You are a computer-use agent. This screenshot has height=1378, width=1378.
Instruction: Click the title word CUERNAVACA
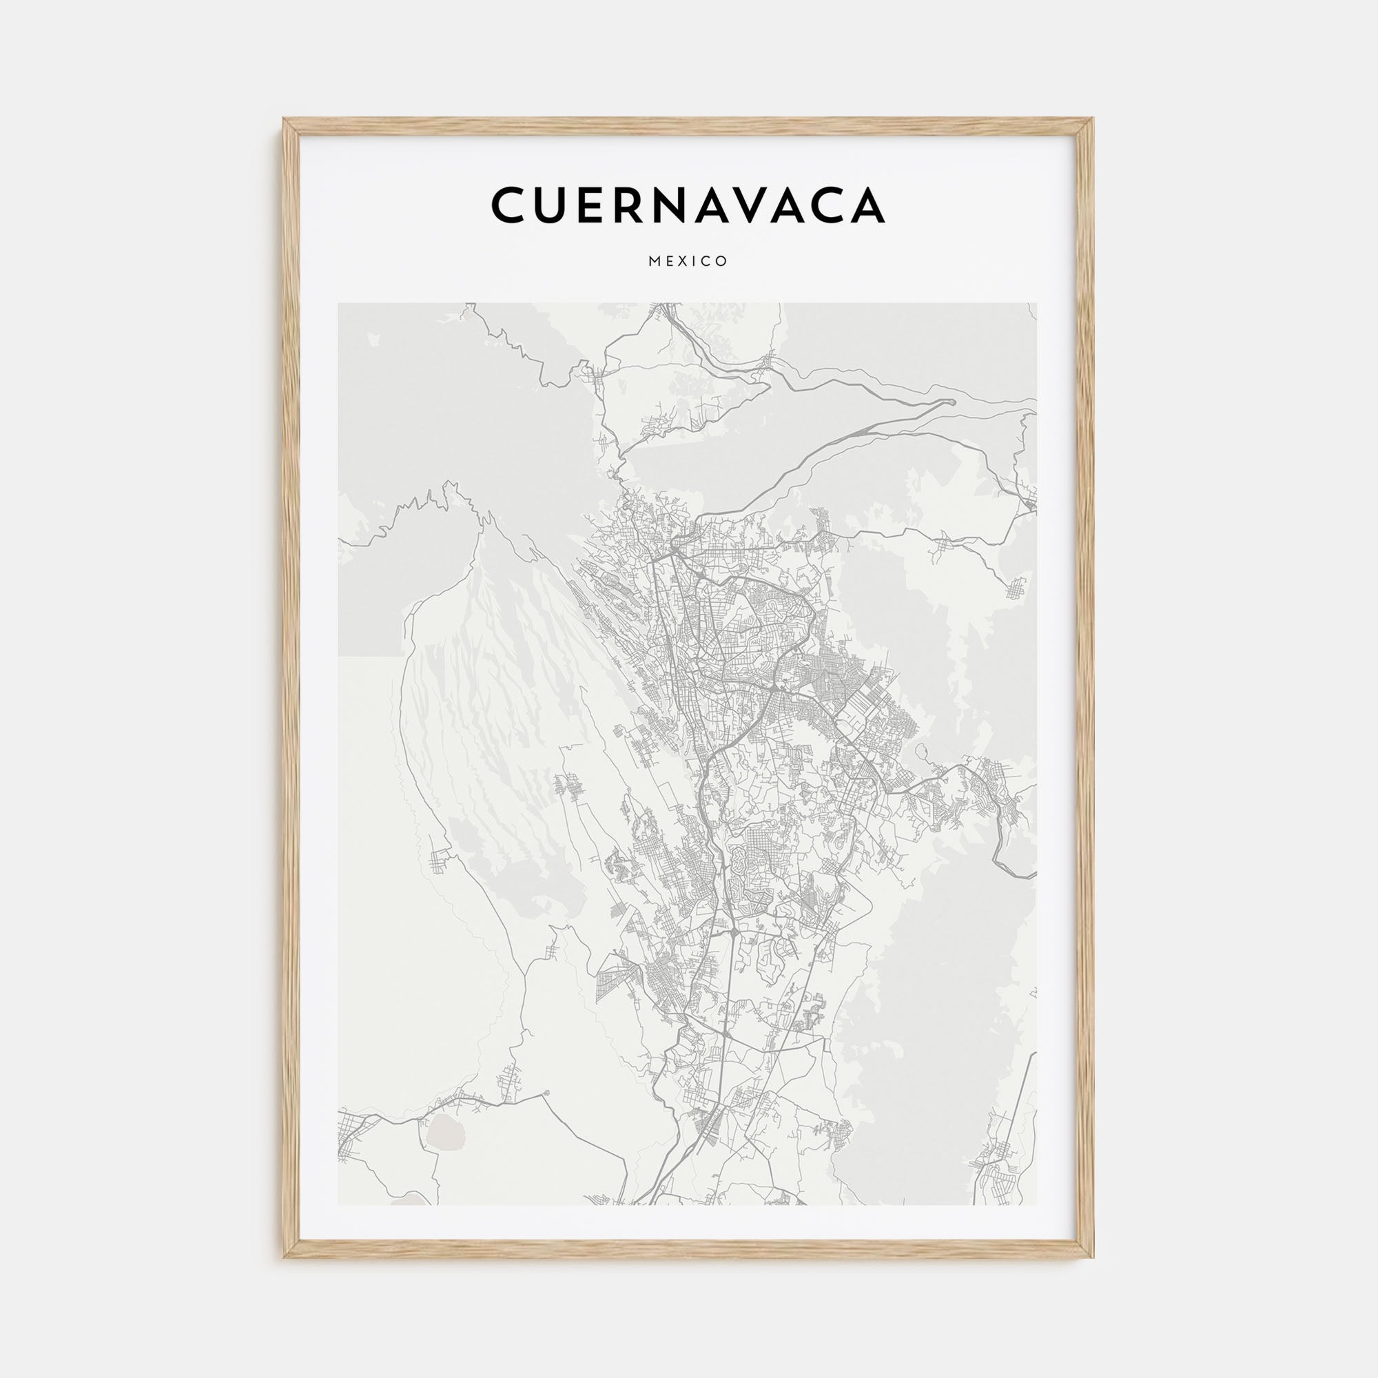tap(688, 205)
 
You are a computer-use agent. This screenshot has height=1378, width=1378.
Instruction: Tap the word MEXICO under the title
tap(688, 262)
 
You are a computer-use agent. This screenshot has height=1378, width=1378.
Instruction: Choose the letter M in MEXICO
tap(653, 262)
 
